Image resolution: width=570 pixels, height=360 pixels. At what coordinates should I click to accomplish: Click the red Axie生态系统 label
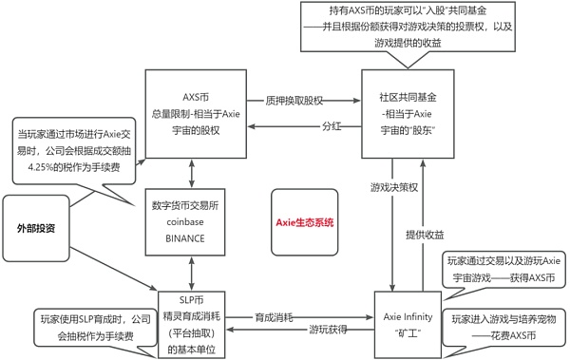click(304, 223)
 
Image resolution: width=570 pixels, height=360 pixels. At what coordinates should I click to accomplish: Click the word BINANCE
click(185, 237)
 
